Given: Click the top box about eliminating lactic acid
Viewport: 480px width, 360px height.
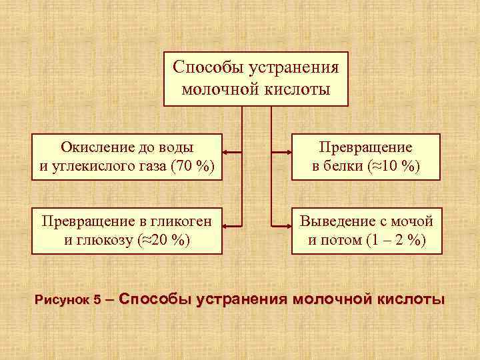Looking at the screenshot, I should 256,79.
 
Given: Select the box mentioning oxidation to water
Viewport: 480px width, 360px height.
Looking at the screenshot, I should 127,156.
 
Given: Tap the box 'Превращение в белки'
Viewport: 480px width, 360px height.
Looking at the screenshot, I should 366,156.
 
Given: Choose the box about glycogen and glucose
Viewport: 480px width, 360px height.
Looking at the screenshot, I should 127,230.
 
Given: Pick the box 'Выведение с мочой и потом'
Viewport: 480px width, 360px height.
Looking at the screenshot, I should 366,230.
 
